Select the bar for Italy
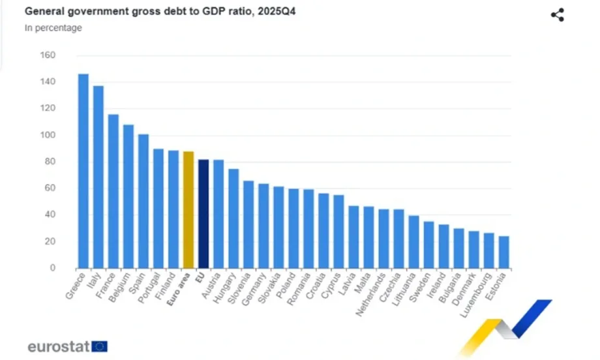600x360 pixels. tap(98, 177)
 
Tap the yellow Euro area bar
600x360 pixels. tap(188, 209)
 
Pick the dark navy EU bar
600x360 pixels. tap(203, 213)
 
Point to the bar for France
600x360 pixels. tap(113, 191)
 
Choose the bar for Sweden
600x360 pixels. tap(428, 245)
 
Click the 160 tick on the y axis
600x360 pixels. tap(47, 55)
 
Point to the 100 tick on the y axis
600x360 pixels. tap(47, 135)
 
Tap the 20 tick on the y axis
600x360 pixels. tap(50, 241)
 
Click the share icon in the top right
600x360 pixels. tap(557, 15)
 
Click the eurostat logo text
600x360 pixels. tap(58, 346)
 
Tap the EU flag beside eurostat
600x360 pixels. tap(100, 346)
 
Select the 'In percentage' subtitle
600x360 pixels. tap(53, 28)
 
